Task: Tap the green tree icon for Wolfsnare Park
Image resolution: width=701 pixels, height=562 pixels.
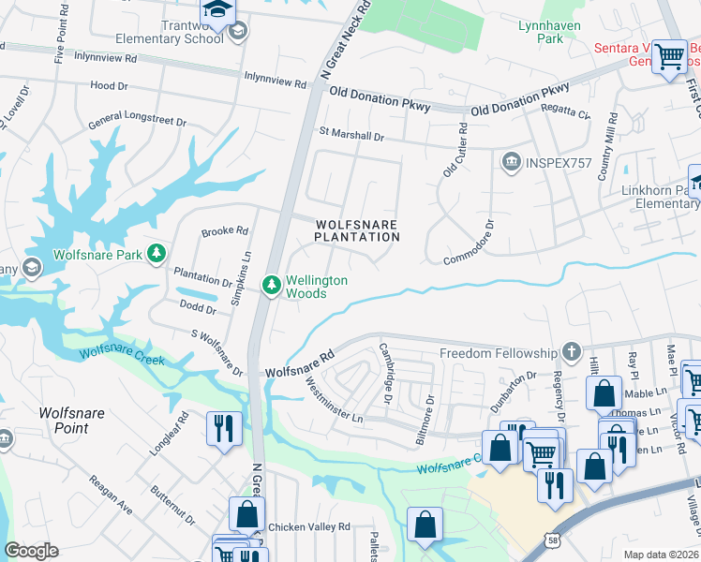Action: (x=157, y=254)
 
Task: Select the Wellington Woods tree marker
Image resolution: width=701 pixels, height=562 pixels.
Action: (x=272, y=284)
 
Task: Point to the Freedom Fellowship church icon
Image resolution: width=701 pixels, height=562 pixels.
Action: (x=572, y=353)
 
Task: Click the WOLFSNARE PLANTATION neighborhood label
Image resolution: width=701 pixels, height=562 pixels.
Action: (x=356, y=230)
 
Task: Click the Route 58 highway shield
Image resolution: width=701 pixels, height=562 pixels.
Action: (x=555, y=540)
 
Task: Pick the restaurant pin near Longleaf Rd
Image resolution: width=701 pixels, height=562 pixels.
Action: (x=224, y=429)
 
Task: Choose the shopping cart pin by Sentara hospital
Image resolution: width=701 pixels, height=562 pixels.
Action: (x=668, y=57)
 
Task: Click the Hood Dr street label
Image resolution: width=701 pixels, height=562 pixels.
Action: (x=109, y=86)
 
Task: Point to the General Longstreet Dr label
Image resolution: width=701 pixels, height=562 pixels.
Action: (x=138, y=123)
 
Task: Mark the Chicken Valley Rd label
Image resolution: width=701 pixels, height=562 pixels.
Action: (x=308, y=527)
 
